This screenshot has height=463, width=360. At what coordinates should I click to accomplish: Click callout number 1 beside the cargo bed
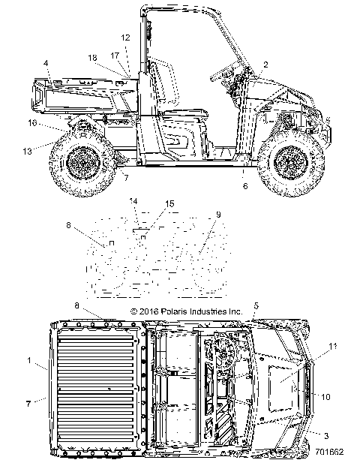click(29, 361)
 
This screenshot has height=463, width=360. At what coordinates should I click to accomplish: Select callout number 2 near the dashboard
click(265, 65)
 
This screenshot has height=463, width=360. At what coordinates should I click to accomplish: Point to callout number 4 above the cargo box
click(46, 62)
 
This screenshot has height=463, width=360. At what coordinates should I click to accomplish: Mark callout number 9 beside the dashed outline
click(219, 215)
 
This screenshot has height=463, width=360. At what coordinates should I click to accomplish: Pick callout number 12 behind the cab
click(125, 37)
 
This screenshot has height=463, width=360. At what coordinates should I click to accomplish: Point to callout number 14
click(133, 201)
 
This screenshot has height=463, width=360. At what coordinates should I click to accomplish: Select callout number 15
click(169, 204)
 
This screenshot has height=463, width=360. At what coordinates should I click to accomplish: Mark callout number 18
click(92, 57)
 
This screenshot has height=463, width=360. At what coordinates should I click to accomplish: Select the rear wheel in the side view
click(82, 163)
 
